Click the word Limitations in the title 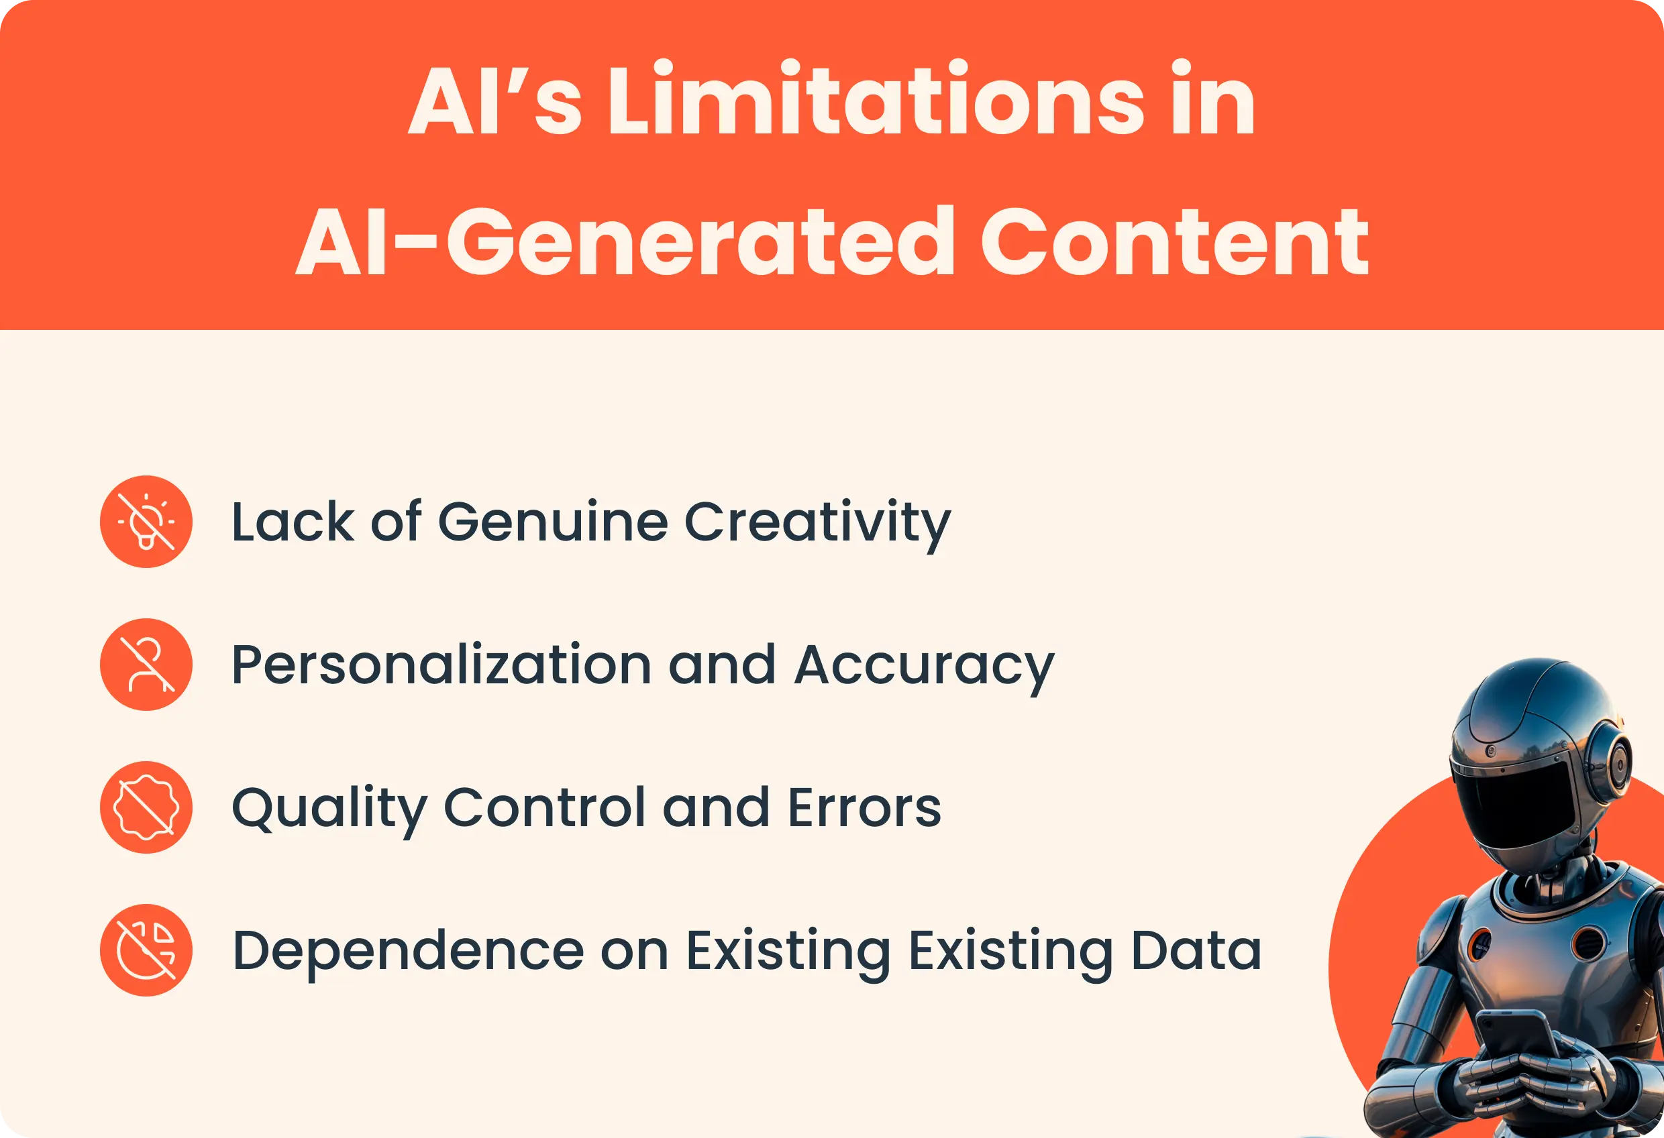tap(876, 101)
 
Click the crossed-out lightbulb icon tap(146, 522)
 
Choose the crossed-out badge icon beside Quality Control tap(146, 807)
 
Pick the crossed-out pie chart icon tap(146, 950)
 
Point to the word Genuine tap(553, 522)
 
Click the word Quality tap(329, 809)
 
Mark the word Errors tap(864, 808)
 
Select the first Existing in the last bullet tap(788, 952)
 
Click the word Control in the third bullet tap(545, 808)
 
